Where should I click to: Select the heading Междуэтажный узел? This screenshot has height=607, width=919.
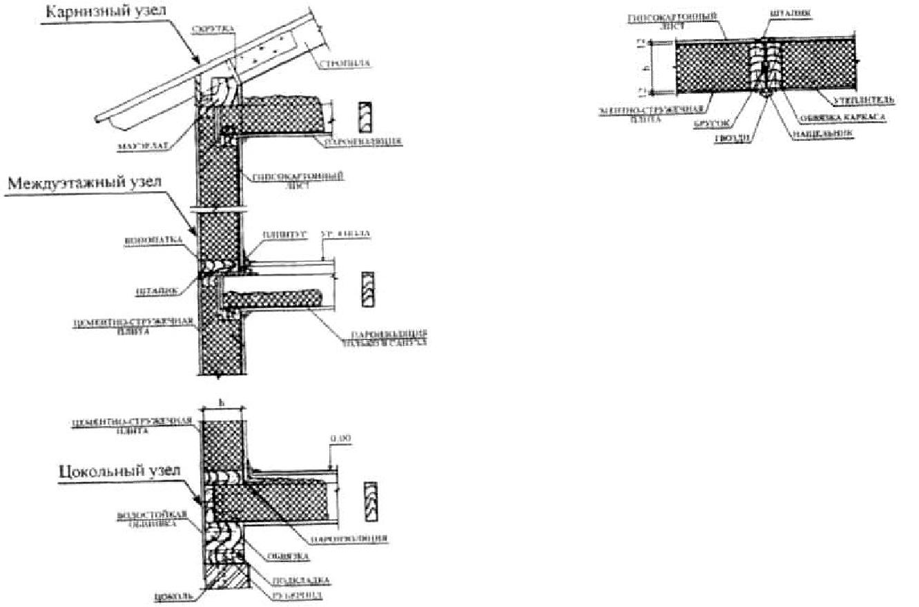(84, 183)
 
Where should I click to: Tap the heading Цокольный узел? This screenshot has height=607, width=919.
(120, 471)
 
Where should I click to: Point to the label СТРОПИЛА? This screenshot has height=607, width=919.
(345, 64)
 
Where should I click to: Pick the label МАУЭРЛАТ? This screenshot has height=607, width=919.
(139, 146)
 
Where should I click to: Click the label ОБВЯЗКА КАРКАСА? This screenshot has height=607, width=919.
(840, 117)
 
